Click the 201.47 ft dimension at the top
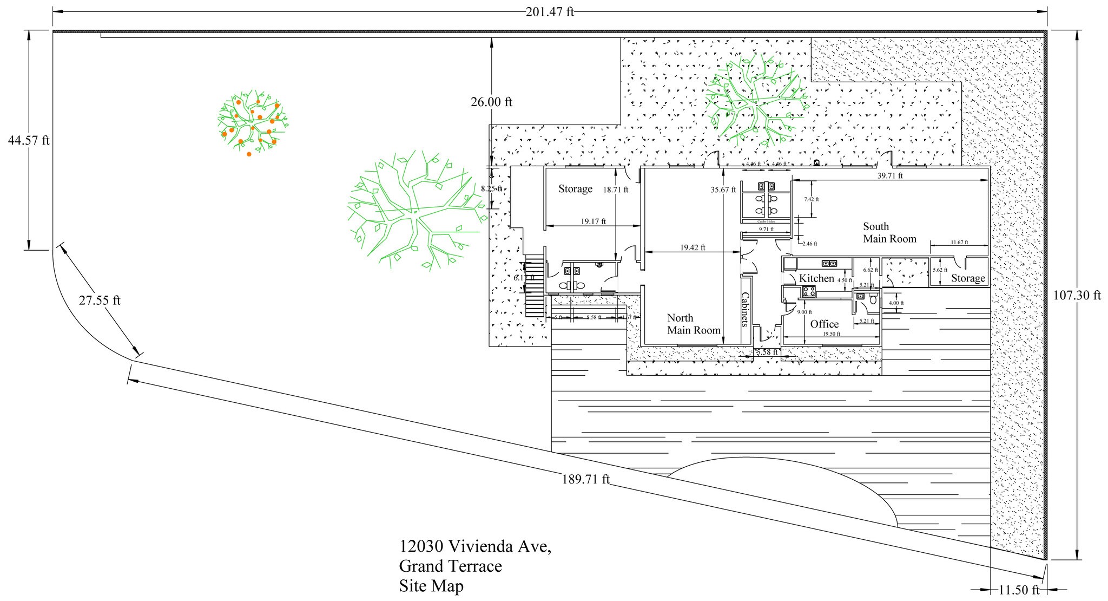pyautogui.click(x=550, y=12)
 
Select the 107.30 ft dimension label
pyautogui.click(x=1077, y=296)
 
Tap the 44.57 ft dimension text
pyautogui.click(x=28, y=141)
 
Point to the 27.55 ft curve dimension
pyautogui.click(x=100, y=300)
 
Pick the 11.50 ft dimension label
pyautogui.click(x=1019, y=590)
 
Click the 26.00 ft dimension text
pyautogui.click(x=491, y=102)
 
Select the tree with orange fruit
pyautogui.click(x=252, y=121)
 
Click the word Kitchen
pyautogui.click(x=816, y=278)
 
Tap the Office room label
pyautogui.click(x=824, y=324)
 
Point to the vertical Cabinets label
pyautogui.click(x=746, y=310)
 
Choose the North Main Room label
pyautogui.click(x=693, y=324)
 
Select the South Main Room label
pyautogui.click(x=889, y=233)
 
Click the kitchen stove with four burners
pyautogui.click(x=809, y=292)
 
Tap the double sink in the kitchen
pyautogui.click(x=829, y=264)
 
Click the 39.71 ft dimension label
pyautogui.click(x=889, y=176)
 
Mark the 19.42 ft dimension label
pyautogui.click(x=692, y=248)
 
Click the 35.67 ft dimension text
pyautogui.click(x=723, y=190)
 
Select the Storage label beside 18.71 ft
pyautogui.click(x=575, y=189)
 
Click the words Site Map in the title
pyautogui.click(x=431, y=586)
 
